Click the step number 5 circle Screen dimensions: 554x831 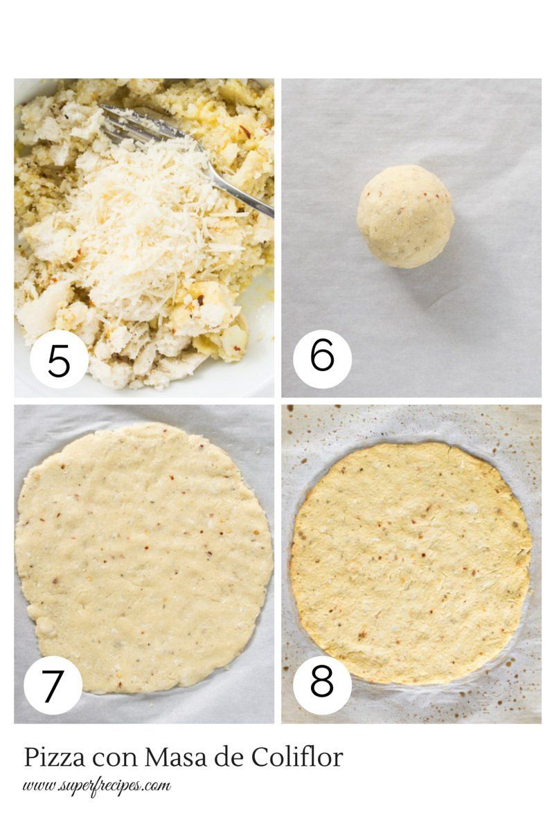click(60, 359)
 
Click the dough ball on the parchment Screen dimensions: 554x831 click(406, 216)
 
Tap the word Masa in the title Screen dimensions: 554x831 click(175, 757)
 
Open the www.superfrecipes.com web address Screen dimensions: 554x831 click(97, 787)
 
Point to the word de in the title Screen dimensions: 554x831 click(229, 757)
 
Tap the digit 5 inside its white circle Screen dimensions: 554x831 click(59, 360)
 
